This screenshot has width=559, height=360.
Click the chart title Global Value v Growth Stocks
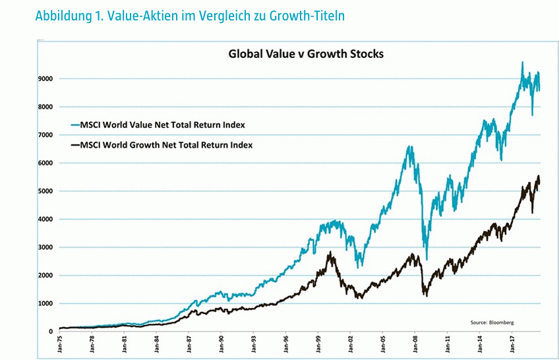pyautogui.click(x=306, y=53)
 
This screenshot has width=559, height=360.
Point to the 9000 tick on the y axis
pyautogui.click(x=45, y=78)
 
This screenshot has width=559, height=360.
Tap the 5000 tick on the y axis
pyautogui.click(x=45, y=191)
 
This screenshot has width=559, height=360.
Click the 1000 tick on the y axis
pyautogui.click(x=45, y=304)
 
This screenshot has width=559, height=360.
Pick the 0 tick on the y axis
pyautogui.click(x=51, y=332)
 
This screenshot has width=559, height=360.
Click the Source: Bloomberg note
pyautogui.click(x=492, y=322)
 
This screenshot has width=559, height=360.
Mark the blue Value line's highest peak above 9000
pyautogui.click(x=522, y=63)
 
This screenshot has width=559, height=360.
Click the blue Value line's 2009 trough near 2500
pyautogui.click(x=427, y=259)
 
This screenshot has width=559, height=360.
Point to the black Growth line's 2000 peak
pyautogui.click(x=330, y=253)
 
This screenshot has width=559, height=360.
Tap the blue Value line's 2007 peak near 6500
pyautogui.click(x=410, y=147)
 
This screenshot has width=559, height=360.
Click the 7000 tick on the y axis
pyautogui.click(x=45, y=135)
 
